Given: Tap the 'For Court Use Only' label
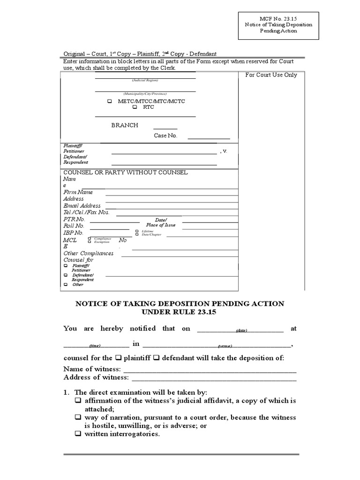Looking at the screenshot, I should pyautogui.click(x=271, y=75).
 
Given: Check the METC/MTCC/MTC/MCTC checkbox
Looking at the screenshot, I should pyautogui.click(x=110, y=101).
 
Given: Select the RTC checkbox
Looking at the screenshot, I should pyautogui.click(x=135, y=107).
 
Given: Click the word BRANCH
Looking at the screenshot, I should pyautogui.click(x=124, y=125).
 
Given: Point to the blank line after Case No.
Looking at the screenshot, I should pyautogui.click(x=209, y=138).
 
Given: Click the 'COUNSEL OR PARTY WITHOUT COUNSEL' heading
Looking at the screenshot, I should pyautogui.click(x=125, y=172).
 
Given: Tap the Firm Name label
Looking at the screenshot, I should pyautogui.click(x=78, y=192).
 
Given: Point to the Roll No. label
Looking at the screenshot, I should pyautogui.click(x=74, y=226).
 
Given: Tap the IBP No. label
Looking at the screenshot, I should pyautogui.click(x=73, y=233).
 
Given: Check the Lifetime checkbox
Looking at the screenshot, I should pyautogui.click(x=137, y=231).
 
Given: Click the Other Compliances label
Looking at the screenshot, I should pyautogui.click(x=88, y=254).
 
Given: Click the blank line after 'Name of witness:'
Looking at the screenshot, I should pyautogui.click(x=210, y=370).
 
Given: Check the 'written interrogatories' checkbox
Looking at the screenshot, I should pyautogui.click(x=78, y=434).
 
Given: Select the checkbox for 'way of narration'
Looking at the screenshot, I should pyautogui.click(x=78, y=417).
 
